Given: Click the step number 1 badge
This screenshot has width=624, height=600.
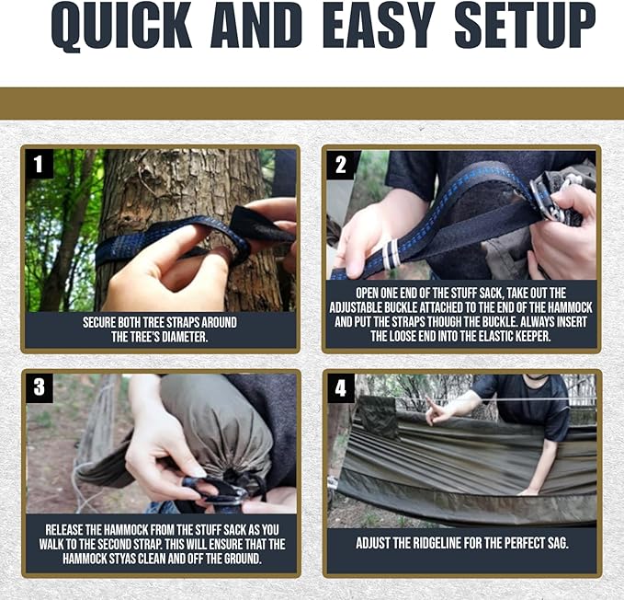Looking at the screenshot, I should pos(39,164).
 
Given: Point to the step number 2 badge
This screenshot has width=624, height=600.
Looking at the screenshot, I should pos(341,165).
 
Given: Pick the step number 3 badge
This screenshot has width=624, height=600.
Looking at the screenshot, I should pos(39,387).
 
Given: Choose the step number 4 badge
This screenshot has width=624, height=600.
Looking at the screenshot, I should pos(341,387).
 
